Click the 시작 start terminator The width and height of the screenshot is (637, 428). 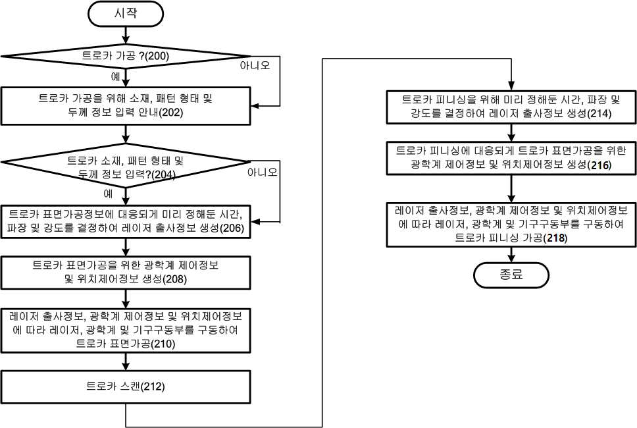pos(126,14)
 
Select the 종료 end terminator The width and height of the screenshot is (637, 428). pos(511,275)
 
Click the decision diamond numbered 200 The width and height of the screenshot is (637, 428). pos(126,56)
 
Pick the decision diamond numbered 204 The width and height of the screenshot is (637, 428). pos(126,165)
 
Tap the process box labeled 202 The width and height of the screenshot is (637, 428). pos(126,105)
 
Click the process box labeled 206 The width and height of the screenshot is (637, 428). pos(126,221)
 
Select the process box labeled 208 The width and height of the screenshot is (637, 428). pos(126,273)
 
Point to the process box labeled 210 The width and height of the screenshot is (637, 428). pos(126,331)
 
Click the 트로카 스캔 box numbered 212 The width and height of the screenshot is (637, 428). pos(126,387)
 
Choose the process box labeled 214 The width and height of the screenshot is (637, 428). pos(511,107)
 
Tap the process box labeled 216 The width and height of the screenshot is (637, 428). pos(511,158)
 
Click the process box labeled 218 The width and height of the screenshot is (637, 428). pos(511,225)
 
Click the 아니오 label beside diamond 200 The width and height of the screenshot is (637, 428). pos(255,65)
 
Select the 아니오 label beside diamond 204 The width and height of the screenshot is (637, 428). pos(263,173)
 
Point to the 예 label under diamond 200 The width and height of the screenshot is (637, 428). pos(115,76)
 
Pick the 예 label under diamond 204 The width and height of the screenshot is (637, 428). pos(108,194)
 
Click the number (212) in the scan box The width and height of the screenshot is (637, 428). pos(153,387)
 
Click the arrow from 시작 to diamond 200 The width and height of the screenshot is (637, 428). pos(126,35)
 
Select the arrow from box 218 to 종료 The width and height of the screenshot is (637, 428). pos(511,254)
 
